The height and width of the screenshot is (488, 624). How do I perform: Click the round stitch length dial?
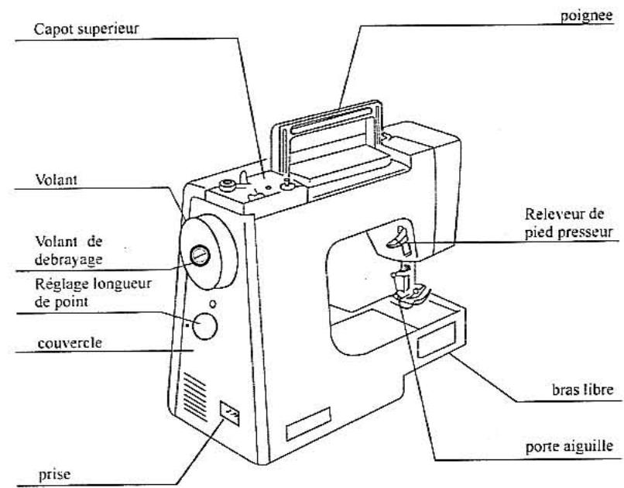point(204,326)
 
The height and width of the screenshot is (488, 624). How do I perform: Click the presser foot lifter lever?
point(398,242)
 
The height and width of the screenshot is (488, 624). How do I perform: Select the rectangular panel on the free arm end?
point(435,340)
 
